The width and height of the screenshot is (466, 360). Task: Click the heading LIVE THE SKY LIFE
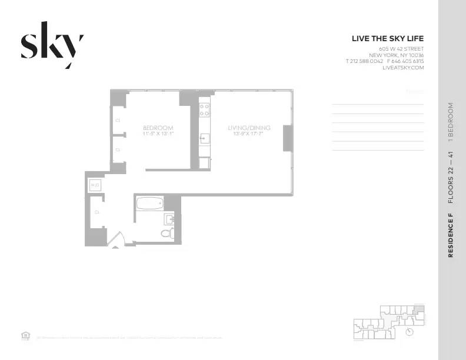pos(387,39)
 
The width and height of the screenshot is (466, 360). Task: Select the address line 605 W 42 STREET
pos(401,48)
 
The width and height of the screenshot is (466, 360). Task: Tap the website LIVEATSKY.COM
pos(403,68)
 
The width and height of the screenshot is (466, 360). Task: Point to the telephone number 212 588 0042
pos(367,61)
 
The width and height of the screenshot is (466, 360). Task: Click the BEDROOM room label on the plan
pos(158,128)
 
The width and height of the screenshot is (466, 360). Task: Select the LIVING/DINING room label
pos(247,128)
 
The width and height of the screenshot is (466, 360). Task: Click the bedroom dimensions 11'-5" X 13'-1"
pos(158,134)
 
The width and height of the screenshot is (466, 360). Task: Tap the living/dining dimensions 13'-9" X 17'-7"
pos(247,134)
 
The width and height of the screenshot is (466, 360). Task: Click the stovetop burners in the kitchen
pos(205,109)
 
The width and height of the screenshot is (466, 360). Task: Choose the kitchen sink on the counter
pos(205,139)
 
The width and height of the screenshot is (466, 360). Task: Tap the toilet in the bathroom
pos(167,234)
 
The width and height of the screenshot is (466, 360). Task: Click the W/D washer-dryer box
pos(95,186)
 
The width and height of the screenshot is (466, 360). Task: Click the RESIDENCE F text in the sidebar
pos(451,238)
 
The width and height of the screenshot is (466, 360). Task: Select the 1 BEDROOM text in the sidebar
pos(451,123)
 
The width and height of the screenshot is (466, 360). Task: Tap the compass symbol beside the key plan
pos(410,332)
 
